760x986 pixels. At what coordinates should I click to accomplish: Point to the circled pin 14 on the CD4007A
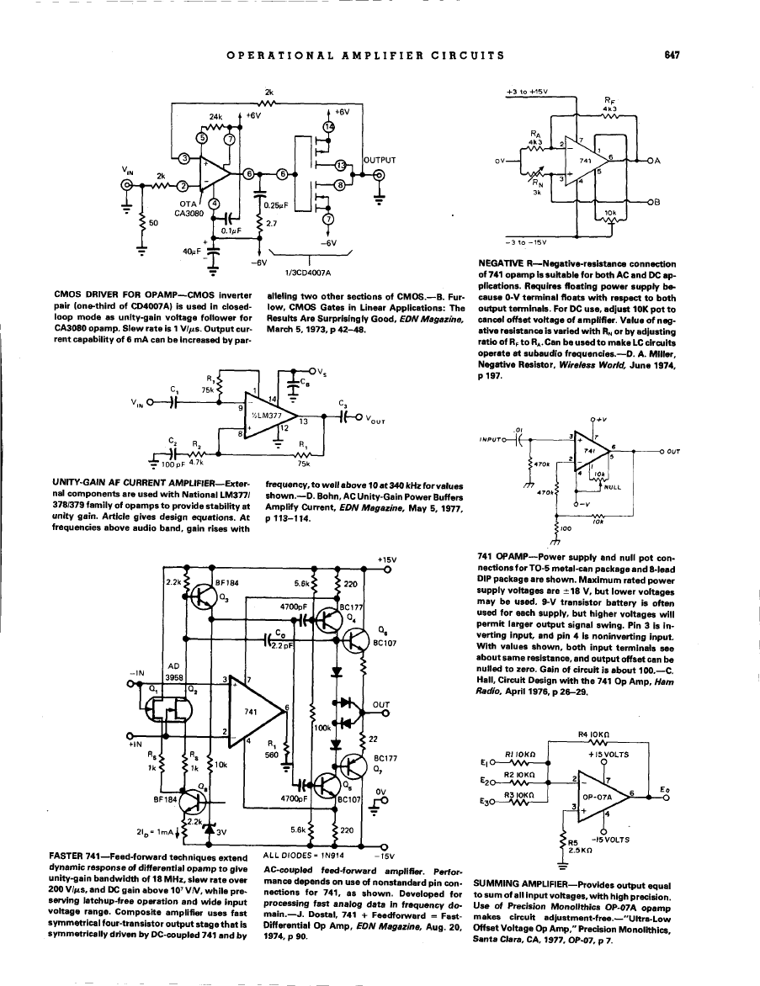click(329, 126)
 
